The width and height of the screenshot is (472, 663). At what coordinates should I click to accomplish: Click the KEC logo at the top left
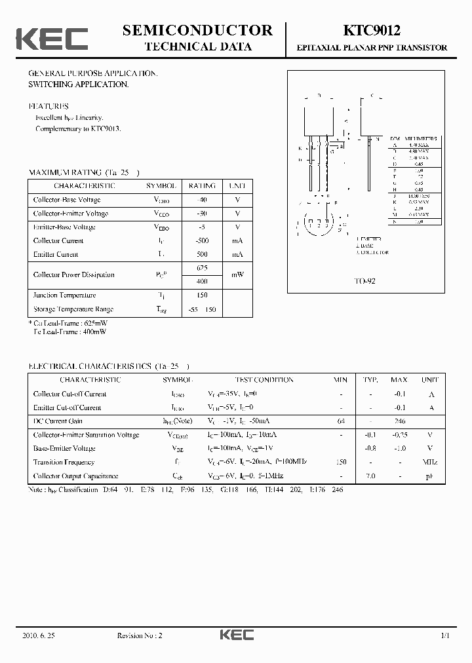coord(52,39)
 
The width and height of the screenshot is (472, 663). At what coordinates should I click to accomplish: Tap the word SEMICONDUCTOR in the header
coord(197,30)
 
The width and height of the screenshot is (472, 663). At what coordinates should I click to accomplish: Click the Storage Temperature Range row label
coord(73,309)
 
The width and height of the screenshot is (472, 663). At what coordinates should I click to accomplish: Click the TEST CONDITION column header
coord(264,380)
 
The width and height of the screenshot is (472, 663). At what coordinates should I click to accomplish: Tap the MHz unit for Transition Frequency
coord(430,463)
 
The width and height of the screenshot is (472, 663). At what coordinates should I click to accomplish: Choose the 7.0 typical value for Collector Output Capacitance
coord(370,476)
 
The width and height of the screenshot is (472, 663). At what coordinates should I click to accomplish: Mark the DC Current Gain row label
coord(58,421)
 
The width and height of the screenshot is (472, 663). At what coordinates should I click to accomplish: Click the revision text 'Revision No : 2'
coord(139,635)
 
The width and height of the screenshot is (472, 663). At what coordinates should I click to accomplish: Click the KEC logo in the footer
coord(236,635)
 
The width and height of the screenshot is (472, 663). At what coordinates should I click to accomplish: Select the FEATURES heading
coord(49,106)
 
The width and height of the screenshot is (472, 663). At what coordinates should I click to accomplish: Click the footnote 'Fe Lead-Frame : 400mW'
coord(69,331)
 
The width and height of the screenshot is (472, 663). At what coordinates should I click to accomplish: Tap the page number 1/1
coord(445,635)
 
